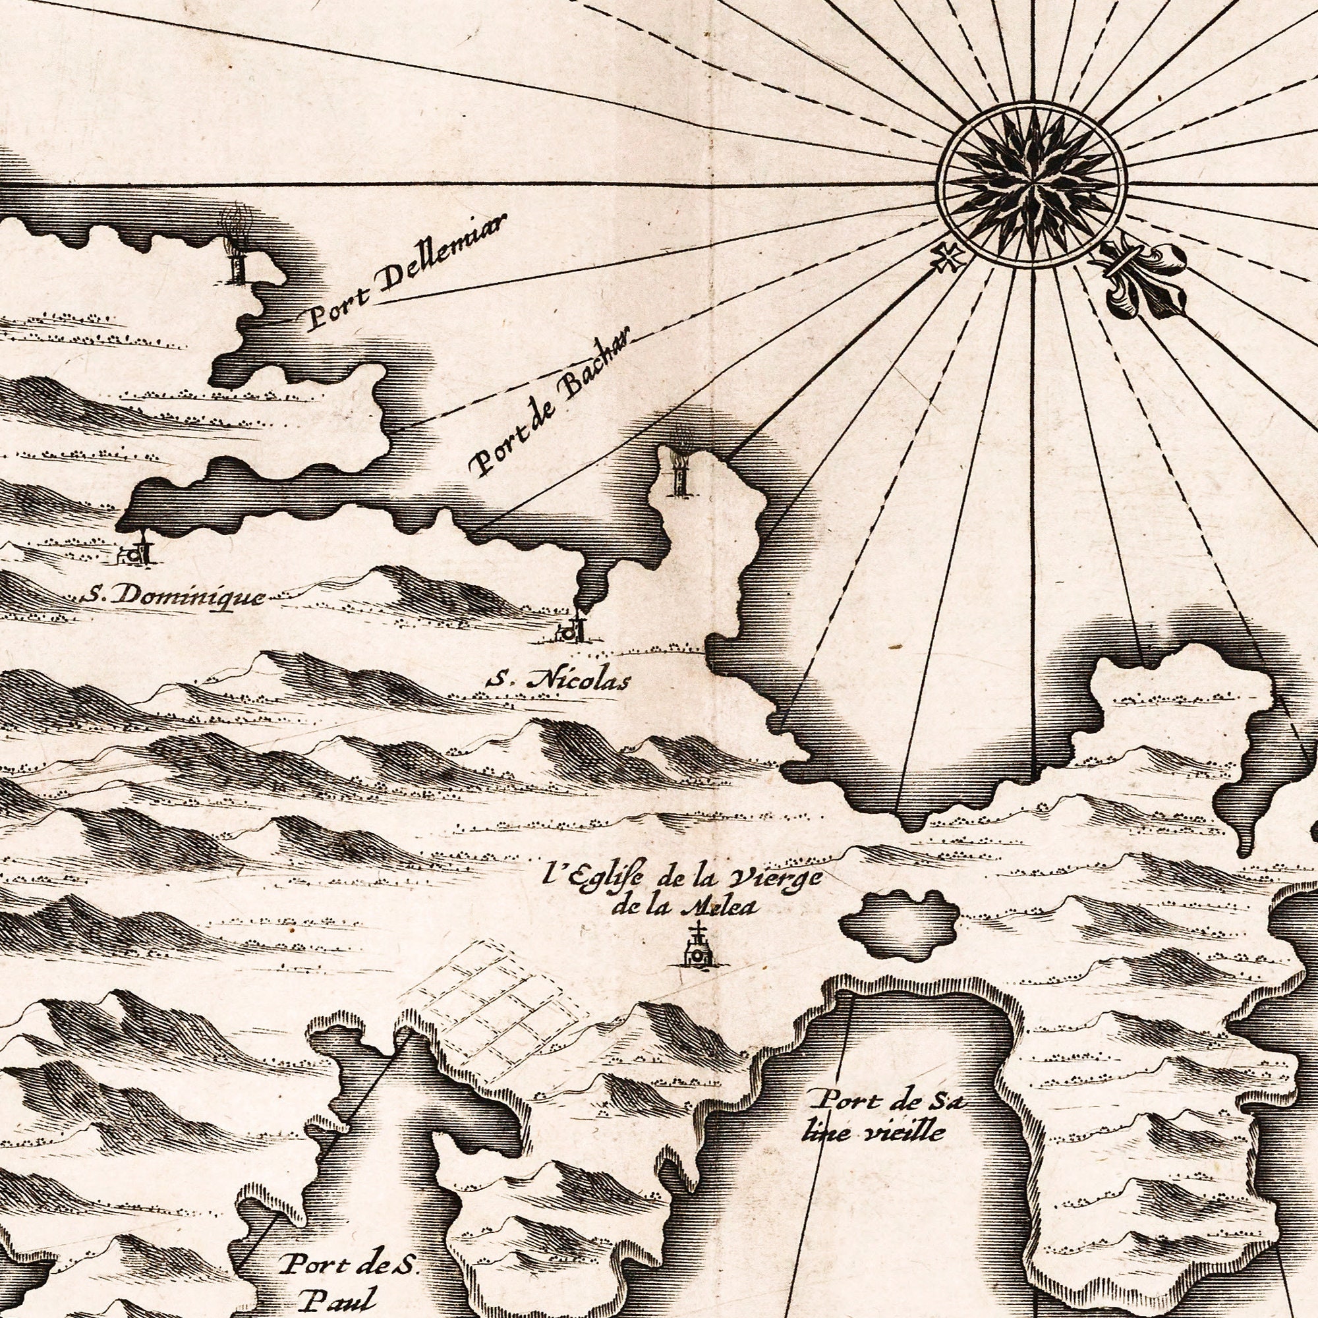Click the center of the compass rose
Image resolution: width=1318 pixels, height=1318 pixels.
point(1032,183)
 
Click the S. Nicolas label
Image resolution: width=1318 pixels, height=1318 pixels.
point(558,680)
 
